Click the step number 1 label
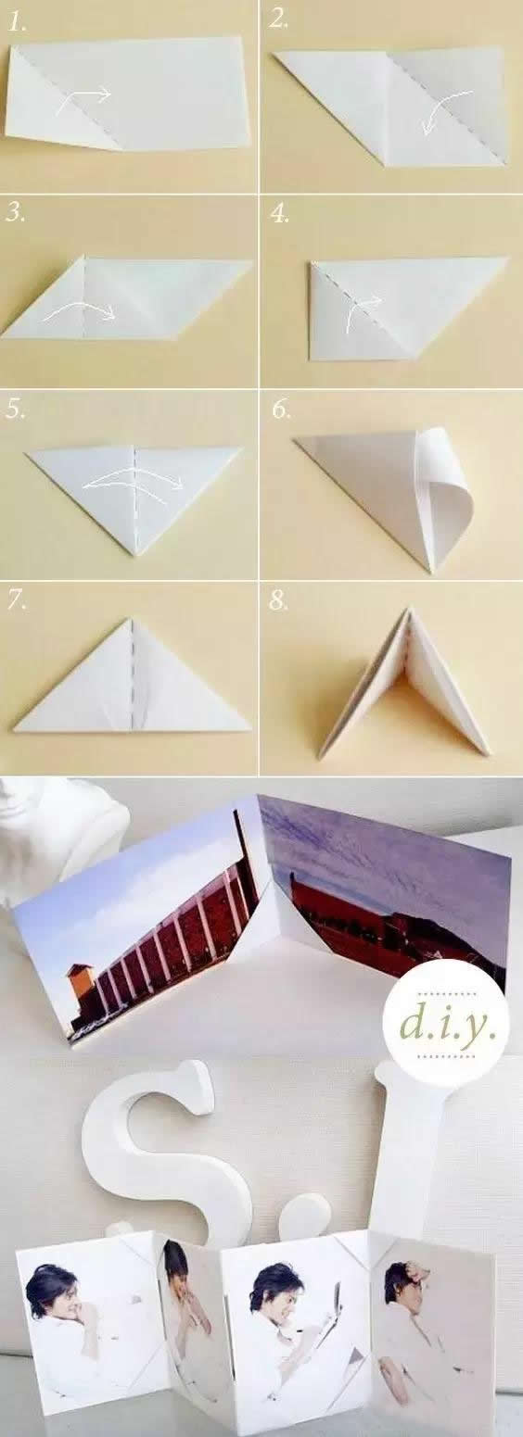point(18,23)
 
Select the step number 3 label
point(16,213)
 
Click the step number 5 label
point(16,410)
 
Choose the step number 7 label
point(17,600)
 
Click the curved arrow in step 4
point(360,307)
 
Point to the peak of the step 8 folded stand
point(408,608)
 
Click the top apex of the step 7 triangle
point(131,618)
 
